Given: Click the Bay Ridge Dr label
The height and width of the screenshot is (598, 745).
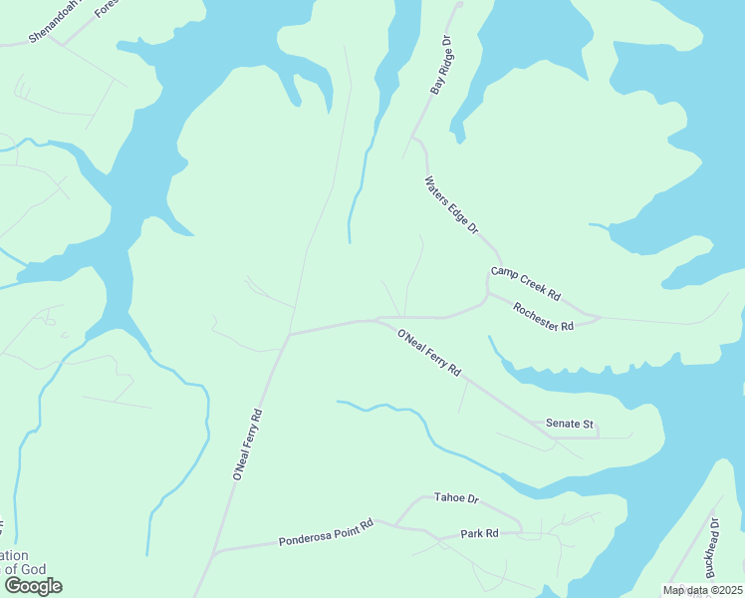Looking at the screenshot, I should pos(441,67).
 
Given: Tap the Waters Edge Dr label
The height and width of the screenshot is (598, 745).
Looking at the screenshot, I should pos(451,206).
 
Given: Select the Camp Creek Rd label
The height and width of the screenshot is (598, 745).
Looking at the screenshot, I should pos(526,284).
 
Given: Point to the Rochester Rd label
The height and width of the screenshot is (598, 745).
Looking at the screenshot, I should pos(544,318).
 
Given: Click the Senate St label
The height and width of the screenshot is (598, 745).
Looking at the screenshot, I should pos(570,424).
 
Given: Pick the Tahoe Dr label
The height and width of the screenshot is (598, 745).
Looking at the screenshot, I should pos(457,498).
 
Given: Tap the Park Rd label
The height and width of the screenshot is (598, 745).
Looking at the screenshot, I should pos(479,534).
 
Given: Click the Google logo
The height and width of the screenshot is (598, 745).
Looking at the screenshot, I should pos(32,586).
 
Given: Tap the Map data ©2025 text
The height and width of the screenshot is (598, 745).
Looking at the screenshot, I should pos(702,590).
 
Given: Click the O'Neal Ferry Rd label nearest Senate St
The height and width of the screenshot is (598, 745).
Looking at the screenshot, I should pos(429,353).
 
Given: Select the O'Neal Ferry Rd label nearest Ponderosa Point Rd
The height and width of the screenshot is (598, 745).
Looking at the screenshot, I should pos(247,446).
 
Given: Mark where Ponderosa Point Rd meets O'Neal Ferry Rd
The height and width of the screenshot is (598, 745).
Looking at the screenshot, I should pos(213,551).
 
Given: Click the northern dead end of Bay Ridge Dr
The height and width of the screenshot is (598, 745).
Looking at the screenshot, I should pos(459,4).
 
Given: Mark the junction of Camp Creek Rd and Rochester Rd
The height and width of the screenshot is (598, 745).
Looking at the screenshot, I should pos(487,292).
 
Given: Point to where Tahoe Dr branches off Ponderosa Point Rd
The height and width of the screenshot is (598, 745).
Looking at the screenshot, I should pos(395,524).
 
